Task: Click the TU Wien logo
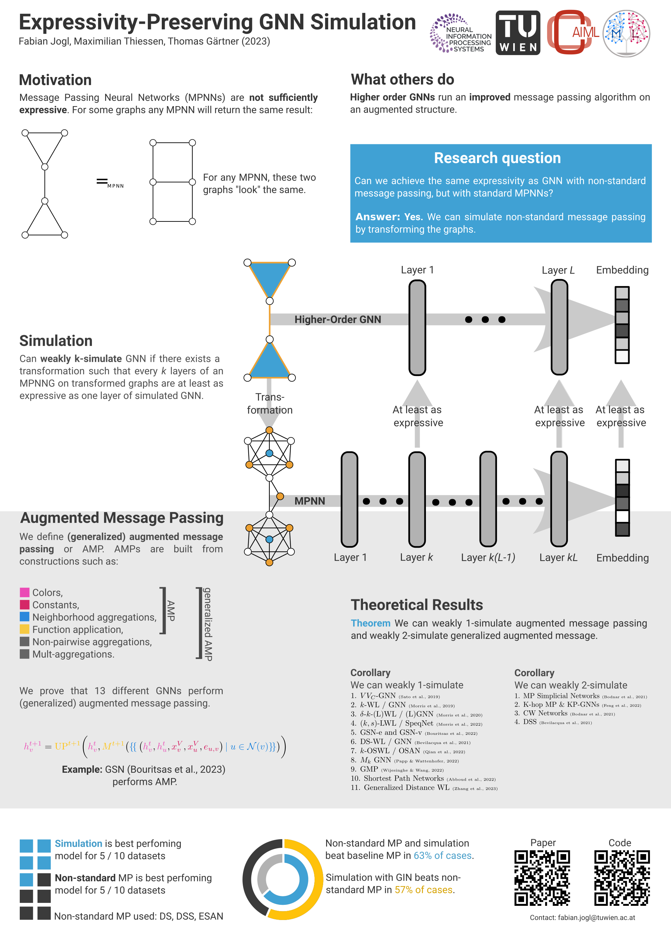(518, 33)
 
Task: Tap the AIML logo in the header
(573, 32)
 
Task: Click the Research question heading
(497, 158)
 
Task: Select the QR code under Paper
(542, 878)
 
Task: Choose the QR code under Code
(622, 878)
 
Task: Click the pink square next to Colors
(25, 592)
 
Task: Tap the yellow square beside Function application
(25, 629)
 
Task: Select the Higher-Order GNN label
(338, 320)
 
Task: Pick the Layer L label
(558, 270)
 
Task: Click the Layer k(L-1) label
(488, 558)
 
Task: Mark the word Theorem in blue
(370, 623)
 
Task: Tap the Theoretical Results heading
(416, 605)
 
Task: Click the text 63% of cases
(442, 856)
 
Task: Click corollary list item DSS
(530, 722)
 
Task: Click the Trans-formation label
(270, 403)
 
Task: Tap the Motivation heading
(55, 80)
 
